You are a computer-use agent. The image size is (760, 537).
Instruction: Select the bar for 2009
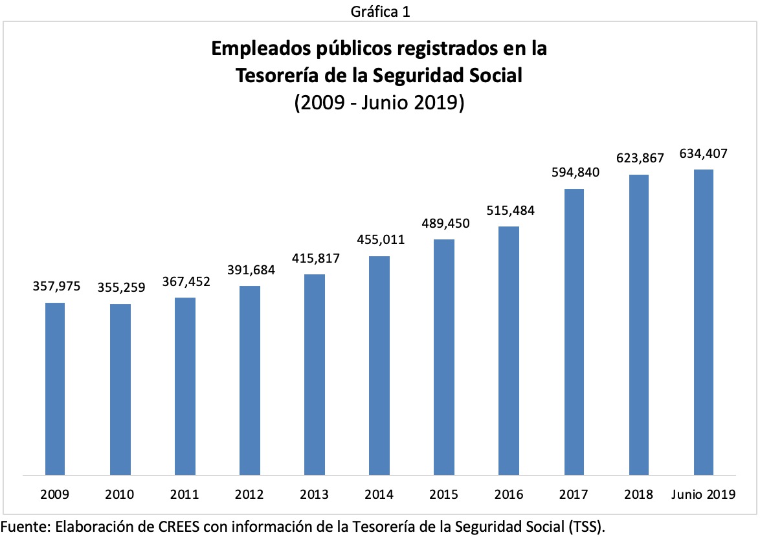55,389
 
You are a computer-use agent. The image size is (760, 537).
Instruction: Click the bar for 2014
379,366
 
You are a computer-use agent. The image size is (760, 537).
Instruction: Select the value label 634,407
703,154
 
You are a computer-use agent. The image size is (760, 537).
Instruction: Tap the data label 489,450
445,223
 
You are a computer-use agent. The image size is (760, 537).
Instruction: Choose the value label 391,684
251,270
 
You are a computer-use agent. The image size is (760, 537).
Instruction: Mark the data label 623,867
640,159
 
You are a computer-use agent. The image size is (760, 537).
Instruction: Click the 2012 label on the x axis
249,495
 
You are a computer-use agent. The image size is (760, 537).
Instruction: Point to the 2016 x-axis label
509,495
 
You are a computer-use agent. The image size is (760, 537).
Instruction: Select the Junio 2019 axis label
703,495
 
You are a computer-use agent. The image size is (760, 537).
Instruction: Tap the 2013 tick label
314,495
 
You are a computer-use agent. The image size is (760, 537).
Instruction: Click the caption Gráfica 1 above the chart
379,12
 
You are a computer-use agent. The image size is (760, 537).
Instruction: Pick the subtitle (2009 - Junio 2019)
379,102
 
